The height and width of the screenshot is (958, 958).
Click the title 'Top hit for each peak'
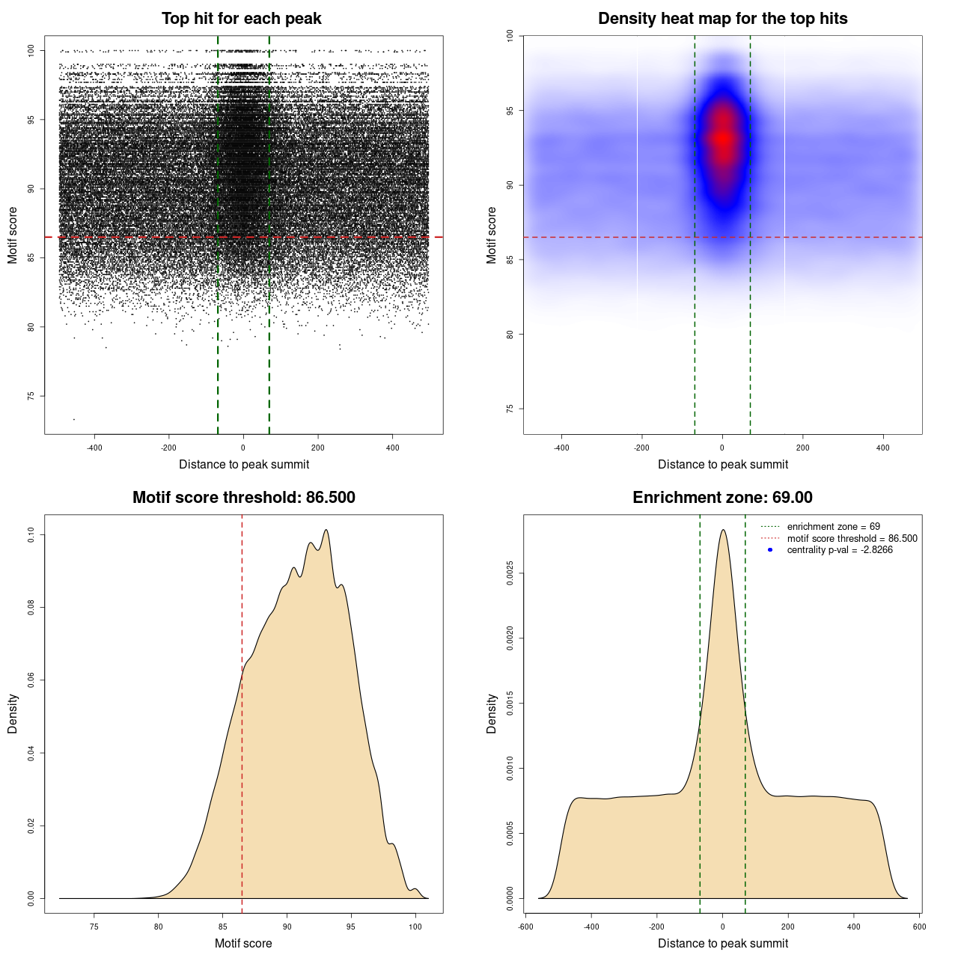tap(242, 19)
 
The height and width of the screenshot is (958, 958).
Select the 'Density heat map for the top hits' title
tap(723, 19)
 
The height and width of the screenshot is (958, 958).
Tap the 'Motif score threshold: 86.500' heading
tap(244, 498)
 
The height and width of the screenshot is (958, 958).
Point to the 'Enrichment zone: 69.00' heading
tap(723, 498)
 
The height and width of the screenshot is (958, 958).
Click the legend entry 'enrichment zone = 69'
tap(833, 527)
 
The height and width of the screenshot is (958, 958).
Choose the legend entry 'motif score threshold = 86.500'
tap(852, 539)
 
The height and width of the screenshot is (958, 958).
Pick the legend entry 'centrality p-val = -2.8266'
tap(840, 550)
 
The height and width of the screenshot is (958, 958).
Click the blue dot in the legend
tap(770, 550)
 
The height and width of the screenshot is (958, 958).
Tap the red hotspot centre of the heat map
tap(723, 138)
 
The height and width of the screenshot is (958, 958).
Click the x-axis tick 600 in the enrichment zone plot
tap(920, 927)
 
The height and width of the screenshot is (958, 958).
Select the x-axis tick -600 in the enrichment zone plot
tap(526, 927)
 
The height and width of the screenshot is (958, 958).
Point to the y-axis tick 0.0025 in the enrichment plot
tap(511, 574)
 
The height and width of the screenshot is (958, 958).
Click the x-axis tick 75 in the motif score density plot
tap(94, 927)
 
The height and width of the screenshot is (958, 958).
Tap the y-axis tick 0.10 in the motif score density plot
tap(31, 534)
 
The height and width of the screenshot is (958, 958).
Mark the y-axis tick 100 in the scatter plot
tap(31, 50)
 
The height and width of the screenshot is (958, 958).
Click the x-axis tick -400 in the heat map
tap(561, 448)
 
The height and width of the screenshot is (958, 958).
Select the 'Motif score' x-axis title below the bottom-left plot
tap(243, 943)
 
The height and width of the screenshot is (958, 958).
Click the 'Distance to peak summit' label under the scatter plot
tap(244, 464)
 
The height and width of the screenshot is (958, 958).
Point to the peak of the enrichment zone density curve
tap(723, 530)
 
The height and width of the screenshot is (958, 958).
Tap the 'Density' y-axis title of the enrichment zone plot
tap(492, 713)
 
